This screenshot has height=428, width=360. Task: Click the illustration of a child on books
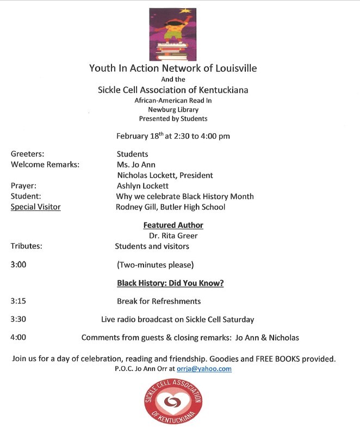point(172,33)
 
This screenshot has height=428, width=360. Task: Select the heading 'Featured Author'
point(173,225)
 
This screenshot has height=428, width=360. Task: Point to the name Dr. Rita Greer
point(173,236)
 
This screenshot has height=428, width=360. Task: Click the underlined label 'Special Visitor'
point(35,207)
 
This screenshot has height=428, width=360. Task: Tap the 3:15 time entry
point(18,301)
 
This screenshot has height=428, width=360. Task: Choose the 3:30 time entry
point(18,319)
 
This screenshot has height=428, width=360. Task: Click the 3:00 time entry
point(18,265)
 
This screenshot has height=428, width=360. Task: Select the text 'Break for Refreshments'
point(159,301)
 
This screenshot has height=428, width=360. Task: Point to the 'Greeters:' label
point(27,154)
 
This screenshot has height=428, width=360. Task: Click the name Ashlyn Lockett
point(142,186)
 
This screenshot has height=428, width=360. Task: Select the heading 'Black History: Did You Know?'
point(170,283)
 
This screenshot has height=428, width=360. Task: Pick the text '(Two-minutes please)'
point(155,265)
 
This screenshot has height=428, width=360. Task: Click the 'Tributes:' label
point(27,246)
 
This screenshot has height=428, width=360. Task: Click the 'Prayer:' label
point(23,186)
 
